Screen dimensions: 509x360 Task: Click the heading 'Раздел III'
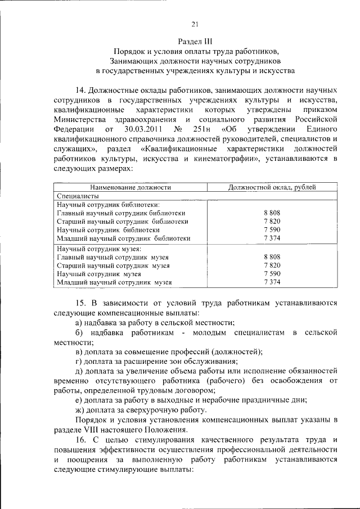tap(195, 41)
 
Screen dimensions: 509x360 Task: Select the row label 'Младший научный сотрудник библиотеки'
tap(124, 238)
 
